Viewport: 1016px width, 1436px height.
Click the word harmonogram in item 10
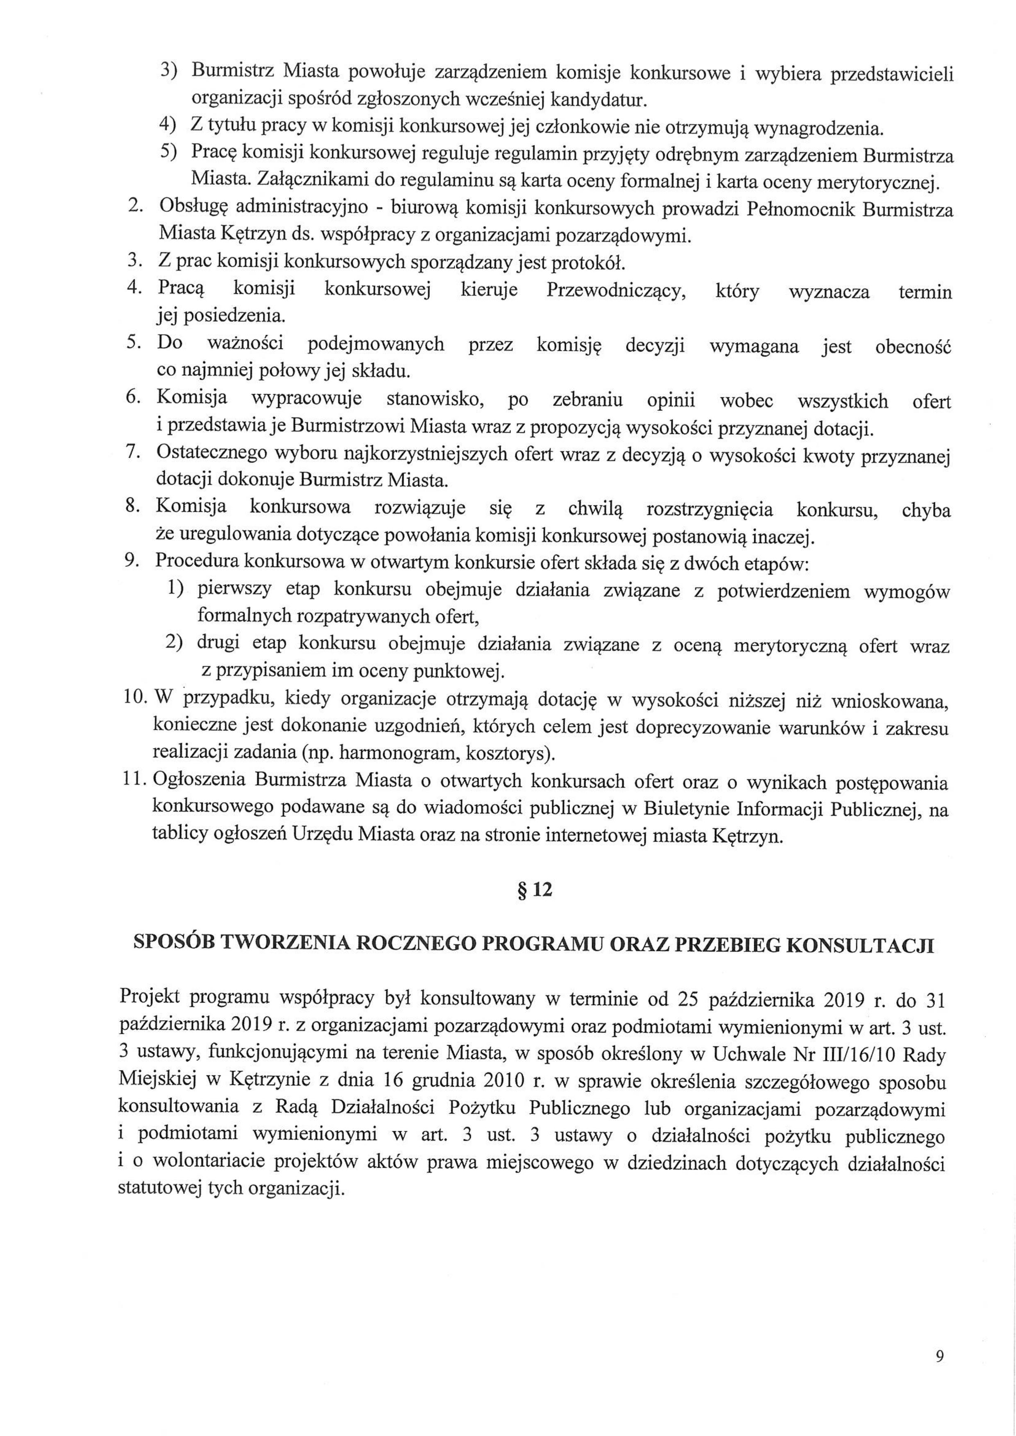[x=397, y=755]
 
